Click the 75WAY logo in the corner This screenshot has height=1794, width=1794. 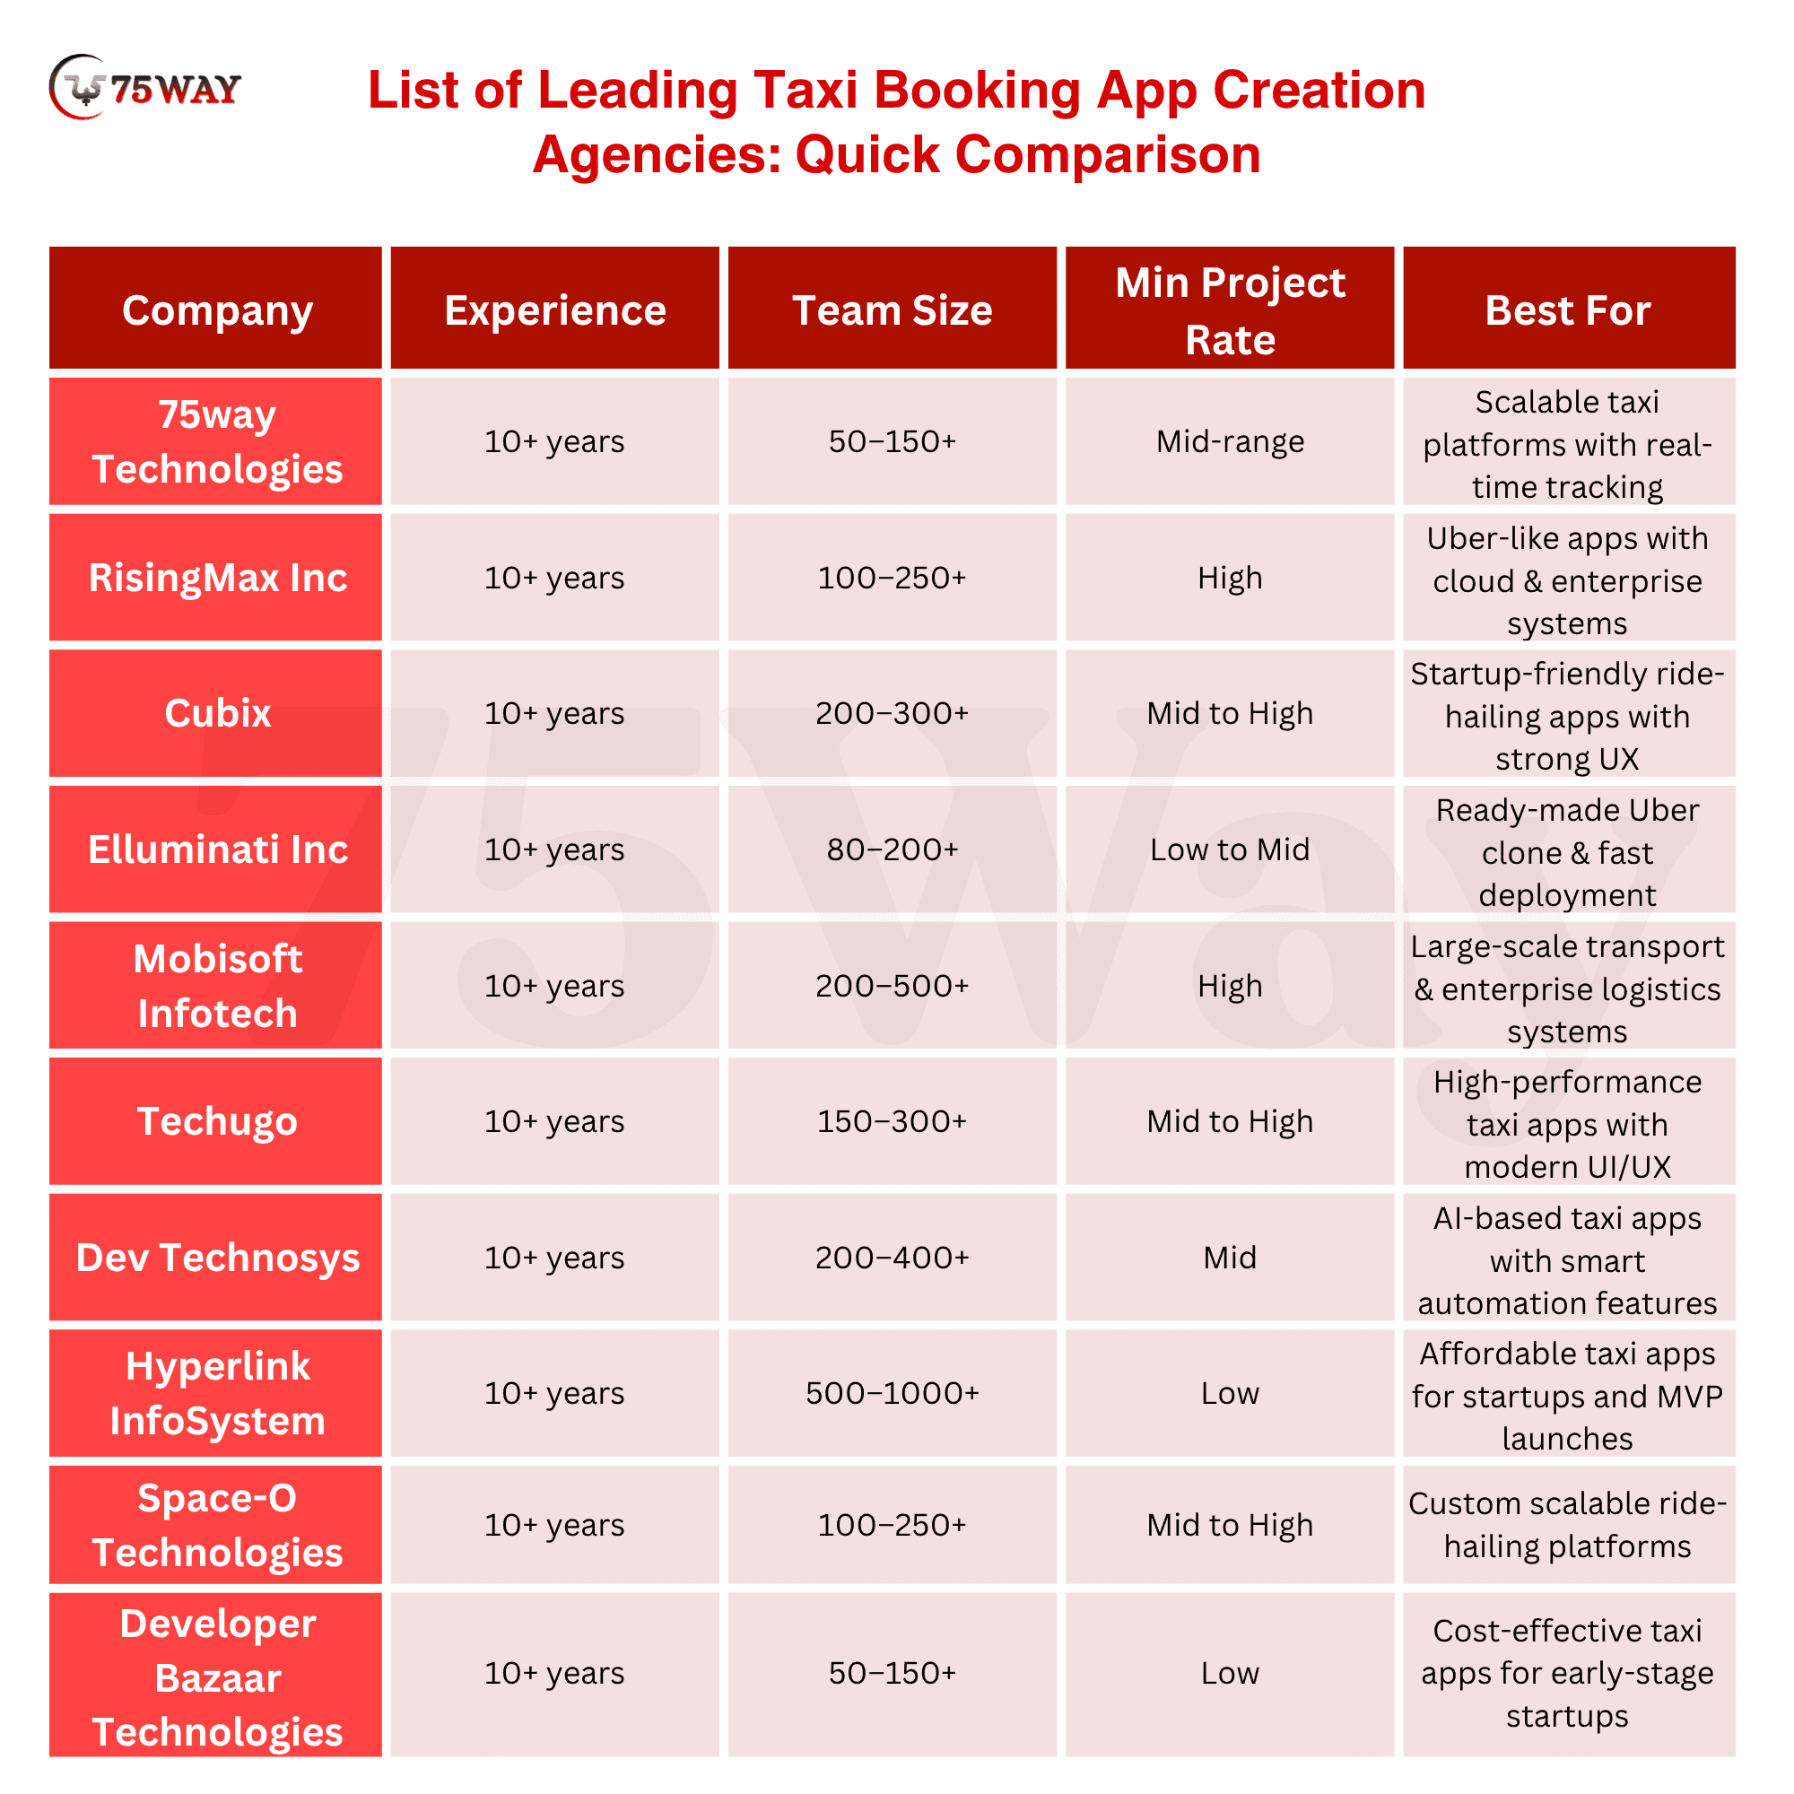(144, 88)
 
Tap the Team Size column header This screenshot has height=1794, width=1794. (892, 310)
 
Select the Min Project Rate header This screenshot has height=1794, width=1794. (1230, 310)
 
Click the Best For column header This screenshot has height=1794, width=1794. (1567, 310)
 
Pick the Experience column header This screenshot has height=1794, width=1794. (554, 310)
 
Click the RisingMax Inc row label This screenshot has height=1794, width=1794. (217, 578)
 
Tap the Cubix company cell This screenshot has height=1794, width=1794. (217, 713)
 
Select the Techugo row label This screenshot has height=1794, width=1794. (217, 1120)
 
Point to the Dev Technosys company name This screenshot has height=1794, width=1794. (217, 1258)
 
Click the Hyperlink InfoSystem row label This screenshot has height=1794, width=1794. (217, 1393)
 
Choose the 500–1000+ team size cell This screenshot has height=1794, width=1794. (892, 1393)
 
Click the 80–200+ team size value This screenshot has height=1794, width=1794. (892, 849)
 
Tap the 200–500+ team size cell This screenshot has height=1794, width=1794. (892, 985)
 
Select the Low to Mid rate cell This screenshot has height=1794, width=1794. (1230, 849)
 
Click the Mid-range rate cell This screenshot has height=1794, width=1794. (1230, 441)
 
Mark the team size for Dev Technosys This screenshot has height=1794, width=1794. (892, 1258)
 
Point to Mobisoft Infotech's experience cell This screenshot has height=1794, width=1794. (554, 985)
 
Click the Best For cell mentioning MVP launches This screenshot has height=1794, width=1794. (1567, 1395)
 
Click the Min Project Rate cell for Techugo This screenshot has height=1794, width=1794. (1230, 1120)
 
